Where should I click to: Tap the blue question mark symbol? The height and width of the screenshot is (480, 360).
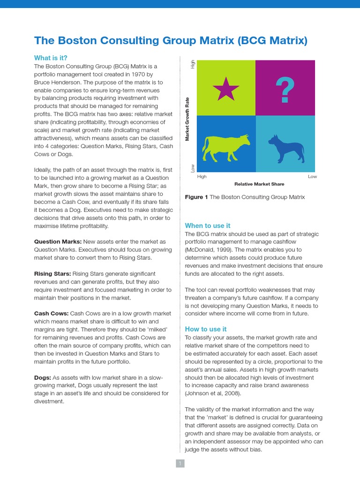pos(285,90)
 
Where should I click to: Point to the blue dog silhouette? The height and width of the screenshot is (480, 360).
pos(285,149)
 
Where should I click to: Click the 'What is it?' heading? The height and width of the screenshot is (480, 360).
pos(51,58)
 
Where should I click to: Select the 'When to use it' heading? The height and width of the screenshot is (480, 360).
pos(208,225)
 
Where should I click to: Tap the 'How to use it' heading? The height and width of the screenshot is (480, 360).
pos(206,329)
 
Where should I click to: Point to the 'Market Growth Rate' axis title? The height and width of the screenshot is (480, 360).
pos(187,119)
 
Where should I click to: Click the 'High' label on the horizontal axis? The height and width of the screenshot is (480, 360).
pos(202,177)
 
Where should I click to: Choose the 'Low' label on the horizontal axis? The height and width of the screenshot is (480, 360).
pos(312,177)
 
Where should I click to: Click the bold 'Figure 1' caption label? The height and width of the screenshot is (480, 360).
pos(196,197)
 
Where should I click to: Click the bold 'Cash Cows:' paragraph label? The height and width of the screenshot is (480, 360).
pos(51,313)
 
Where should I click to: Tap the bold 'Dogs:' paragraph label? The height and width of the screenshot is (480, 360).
pos(42,377)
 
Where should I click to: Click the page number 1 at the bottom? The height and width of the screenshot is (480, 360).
pos(180,464)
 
